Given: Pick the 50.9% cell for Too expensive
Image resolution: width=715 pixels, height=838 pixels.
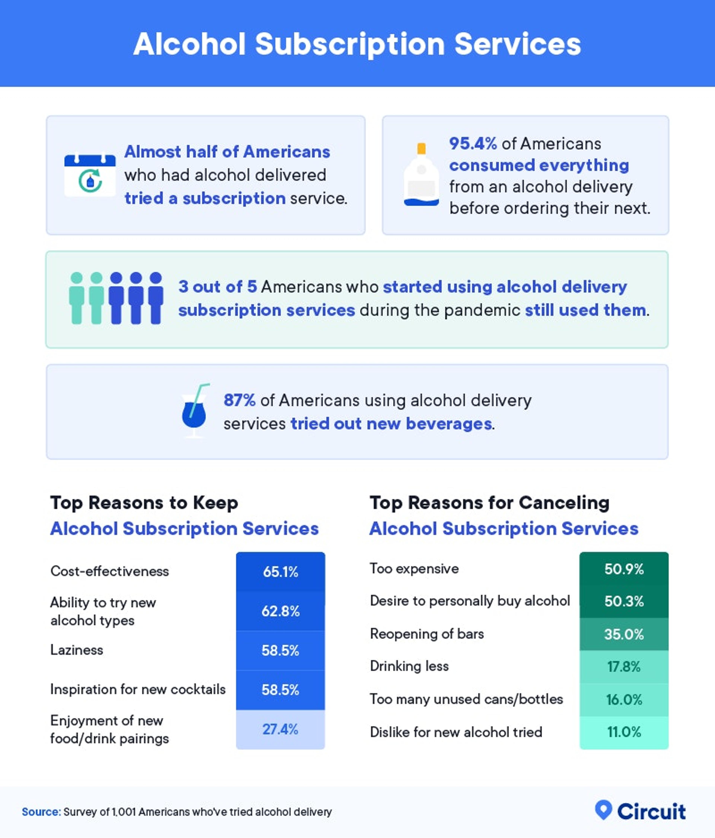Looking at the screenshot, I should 624,569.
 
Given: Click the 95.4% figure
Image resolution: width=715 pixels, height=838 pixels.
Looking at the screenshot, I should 473,144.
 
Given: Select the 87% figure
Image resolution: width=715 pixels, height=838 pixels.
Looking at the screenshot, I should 239,400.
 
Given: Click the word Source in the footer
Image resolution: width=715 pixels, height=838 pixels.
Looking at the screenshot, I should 41,812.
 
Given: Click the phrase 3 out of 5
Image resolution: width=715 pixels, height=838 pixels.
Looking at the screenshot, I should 217,287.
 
